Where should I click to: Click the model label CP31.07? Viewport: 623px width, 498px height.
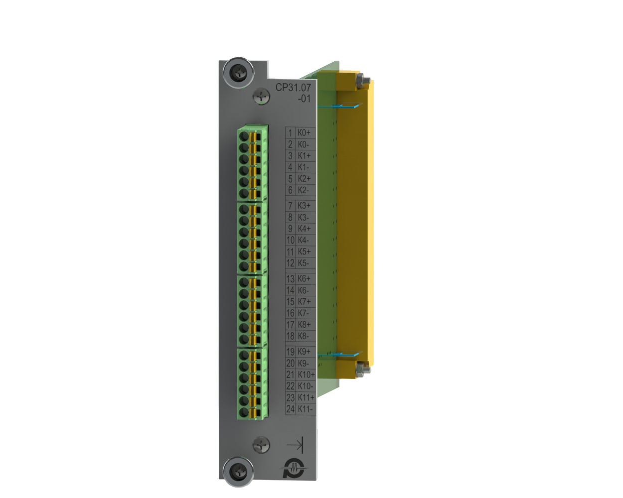[293, 87]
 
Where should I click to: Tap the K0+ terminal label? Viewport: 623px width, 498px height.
[304, 133]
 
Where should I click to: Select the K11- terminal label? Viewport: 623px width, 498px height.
[306, 409]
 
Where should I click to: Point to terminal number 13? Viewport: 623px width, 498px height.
[291, 279]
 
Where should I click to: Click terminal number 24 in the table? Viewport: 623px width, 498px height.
[291, 409]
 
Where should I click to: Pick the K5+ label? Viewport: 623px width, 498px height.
[304, 252]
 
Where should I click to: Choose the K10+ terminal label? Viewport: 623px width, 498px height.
[307, 374]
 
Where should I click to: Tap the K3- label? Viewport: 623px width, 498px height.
[304, 217]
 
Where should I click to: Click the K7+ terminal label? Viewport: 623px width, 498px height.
[304, 302]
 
